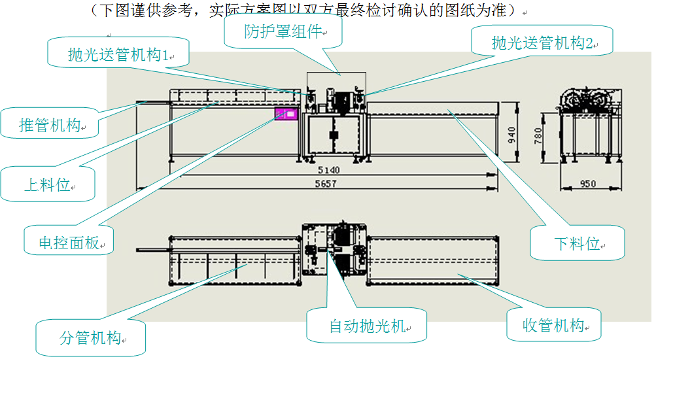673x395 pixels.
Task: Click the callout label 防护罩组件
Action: coord(283,31)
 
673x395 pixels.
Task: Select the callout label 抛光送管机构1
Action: coord(118,54)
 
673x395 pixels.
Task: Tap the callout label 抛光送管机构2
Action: coord(542,43)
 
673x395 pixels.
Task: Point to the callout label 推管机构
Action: coord(50,125)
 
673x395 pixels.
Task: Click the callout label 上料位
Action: coord(48,184)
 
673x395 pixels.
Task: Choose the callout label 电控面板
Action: coord(69,243)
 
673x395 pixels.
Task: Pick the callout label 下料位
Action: coord(577,243)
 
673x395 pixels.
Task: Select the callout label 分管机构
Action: coord(91,338)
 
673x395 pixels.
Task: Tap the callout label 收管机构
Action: coord(553,325)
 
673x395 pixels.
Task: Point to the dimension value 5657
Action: coord(325,184)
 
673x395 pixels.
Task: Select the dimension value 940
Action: coord(512,135)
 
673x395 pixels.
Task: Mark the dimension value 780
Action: coord(538,135)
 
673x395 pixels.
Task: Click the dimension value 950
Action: coord(588,184)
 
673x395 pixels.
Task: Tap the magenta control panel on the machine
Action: coord(286,114)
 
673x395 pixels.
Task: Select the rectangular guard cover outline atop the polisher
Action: coord(336,84)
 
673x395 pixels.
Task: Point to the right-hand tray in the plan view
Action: coord(431,262)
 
